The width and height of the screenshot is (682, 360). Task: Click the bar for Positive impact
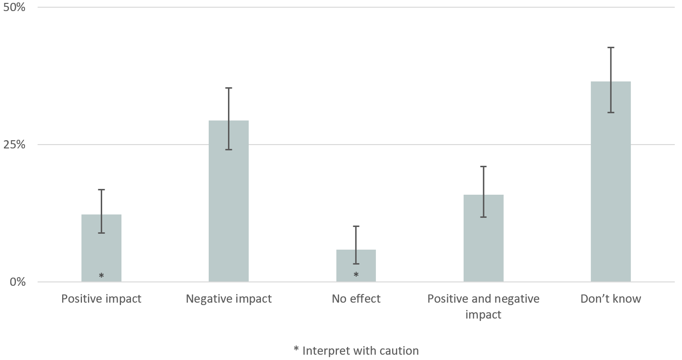(x=101, y=248)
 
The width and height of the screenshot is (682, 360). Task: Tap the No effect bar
(x=356, y=266)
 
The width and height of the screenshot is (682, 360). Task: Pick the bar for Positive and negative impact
(x=483, y=238)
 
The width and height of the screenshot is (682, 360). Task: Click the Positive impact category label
(x=101, y=299)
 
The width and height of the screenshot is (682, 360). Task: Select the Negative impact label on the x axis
(x=228, y=299)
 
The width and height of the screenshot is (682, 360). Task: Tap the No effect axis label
(x=356, y=299)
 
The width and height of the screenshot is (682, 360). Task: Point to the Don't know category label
(x=611, y=299)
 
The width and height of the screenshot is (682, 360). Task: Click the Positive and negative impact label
(x=483, y=307)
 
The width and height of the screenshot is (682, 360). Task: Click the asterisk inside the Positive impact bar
(x=101, y=276)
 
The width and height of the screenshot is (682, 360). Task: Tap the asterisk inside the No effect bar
(x=356, y=275)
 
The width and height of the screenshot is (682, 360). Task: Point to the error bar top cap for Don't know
(x=611, y=47)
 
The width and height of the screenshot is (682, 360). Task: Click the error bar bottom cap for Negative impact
(x=228, y=149)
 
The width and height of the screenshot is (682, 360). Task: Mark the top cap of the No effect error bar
(x=356, y=226)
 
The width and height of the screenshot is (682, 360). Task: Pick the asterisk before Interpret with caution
(x=296, y=350)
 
